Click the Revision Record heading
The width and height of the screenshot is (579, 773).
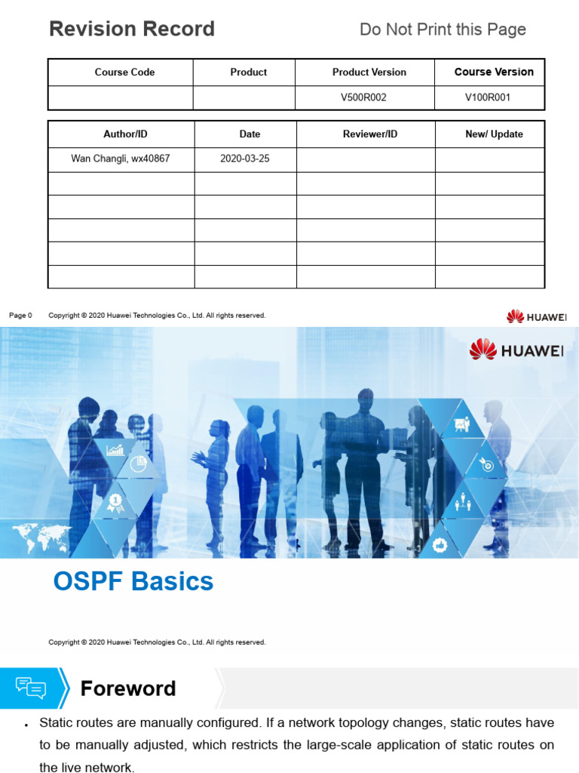point(132,29)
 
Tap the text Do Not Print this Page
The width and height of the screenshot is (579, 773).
point(443,29)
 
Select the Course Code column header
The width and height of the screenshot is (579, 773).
point(124,72)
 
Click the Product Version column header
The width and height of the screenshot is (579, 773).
point(369,72)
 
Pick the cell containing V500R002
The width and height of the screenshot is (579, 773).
point(363,97)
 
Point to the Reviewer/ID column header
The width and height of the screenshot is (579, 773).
point(369,134)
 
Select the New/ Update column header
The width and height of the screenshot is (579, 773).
point(494,134)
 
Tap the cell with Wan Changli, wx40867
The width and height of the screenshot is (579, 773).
point(121,159)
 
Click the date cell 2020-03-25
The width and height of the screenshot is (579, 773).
point(244,159)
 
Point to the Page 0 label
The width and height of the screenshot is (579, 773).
point(20,316)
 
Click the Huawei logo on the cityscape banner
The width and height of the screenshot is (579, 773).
point(516,349)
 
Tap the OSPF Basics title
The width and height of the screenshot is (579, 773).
point(133,581)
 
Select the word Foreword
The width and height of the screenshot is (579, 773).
point(128,688)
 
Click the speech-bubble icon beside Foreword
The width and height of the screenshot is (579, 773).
point(31,688)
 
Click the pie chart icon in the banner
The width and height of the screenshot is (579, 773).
point(137,464)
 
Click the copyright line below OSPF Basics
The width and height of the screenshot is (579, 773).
point(157,642)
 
